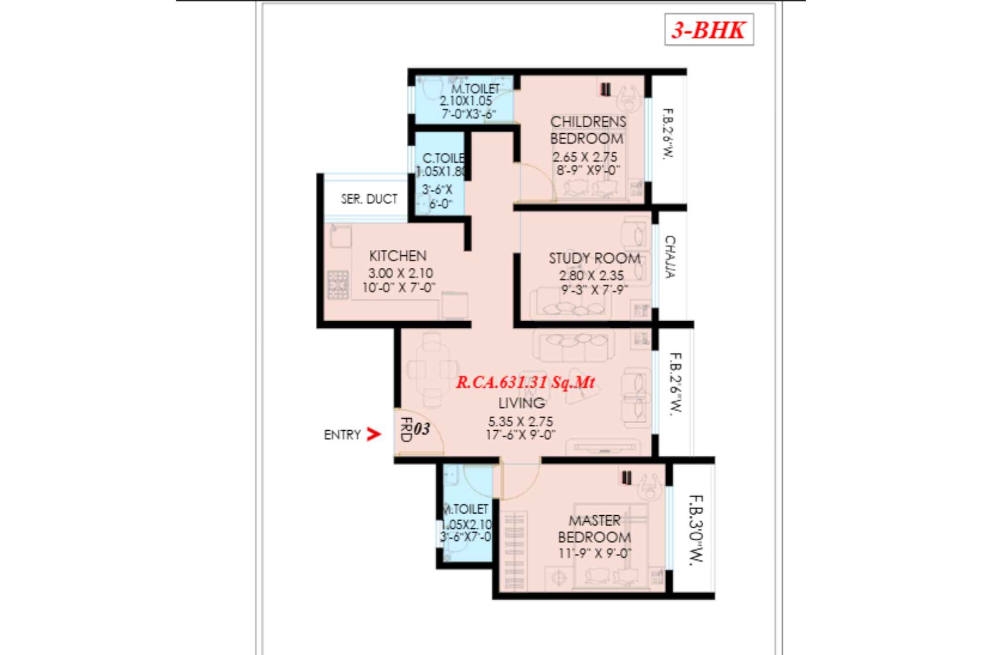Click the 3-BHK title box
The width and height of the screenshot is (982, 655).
click(708, 30)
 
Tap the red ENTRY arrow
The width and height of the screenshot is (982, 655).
click(373, 434)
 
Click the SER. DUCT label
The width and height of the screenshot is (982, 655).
click(369, 199)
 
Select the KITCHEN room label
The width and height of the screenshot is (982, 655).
click(397, 256)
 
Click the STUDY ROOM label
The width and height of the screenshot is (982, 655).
click(594, 258)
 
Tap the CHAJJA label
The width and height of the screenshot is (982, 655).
click(670, 256)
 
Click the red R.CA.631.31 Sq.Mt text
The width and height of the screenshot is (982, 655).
click(525, 383)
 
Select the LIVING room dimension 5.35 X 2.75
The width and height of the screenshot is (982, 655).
click(520, 421)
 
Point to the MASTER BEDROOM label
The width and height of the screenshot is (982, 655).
click(594, 528)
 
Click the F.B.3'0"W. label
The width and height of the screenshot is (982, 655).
click(696, 530)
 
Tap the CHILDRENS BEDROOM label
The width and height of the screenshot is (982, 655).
click(587, 130)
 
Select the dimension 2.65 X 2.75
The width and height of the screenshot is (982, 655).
click(585, 157)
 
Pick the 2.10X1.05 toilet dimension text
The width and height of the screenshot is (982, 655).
click(466, 101)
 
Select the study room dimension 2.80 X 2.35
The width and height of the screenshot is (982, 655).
click(591, 275)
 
